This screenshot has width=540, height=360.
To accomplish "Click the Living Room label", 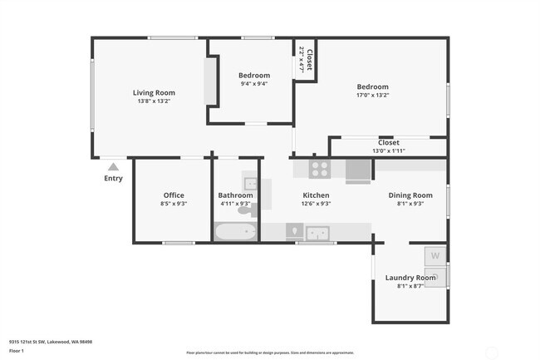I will pyautogui.click(x=154, y=92).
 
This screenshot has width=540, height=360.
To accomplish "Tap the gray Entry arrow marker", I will pyautogui.click(x=113, y=166).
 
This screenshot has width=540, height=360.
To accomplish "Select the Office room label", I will pyautogui.click(x=174, y=195).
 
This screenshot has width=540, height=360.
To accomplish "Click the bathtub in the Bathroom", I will pyautogui.click(x=236, y=231).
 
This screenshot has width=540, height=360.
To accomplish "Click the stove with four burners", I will pyautogui.click(x=321, y=170).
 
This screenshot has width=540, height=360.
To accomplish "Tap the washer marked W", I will pyautogui.click(x=435, y=256).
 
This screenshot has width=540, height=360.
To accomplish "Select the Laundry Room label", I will pyautogui.click(x=410, y=277).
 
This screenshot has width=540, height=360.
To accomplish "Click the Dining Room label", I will pyautogui.click(x=410, y=195).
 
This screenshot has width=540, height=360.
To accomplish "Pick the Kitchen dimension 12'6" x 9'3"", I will pyautogui.click(x=316, y=204).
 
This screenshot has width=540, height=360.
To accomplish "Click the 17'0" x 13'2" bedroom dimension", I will pyautogui.click(x=372, y=95).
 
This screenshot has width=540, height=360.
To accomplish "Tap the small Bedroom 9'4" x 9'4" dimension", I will pyautogui.click(x=254, y=83).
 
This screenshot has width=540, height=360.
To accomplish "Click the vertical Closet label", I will pyautogui.click(x=309, y=60).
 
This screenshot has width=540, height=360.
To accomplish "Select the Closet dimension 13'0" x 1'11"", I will pyautogui.click(x=388, y=151).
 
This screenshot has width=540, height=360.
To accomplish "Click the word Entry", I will pyautogui.click(x=113, y=178).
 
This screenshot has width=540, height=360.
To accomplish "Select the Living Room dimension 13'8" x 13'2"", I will pyautogui.click(x=154, y=101).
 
